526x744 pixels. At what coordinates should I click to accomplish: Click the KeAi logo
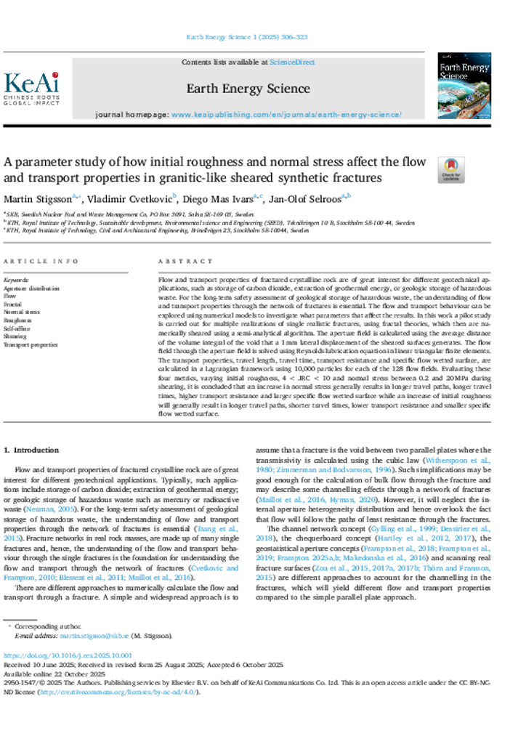click(31, 88)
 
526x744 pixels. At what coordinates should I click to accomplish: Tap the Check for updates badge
click(450, 170)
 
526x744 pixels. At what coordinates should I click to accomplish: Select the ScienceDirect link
click(292, 62)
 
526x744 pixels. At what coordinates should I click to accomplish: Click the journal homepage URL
click(286, 115)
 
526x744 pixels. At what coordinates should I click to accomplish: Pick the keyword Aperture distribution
click(32, 288)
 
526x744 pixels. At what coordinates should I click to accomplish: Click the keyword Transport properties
click(31, 345)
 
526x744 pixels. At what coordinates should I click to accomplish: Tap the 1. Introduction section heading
click(32, 450)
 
